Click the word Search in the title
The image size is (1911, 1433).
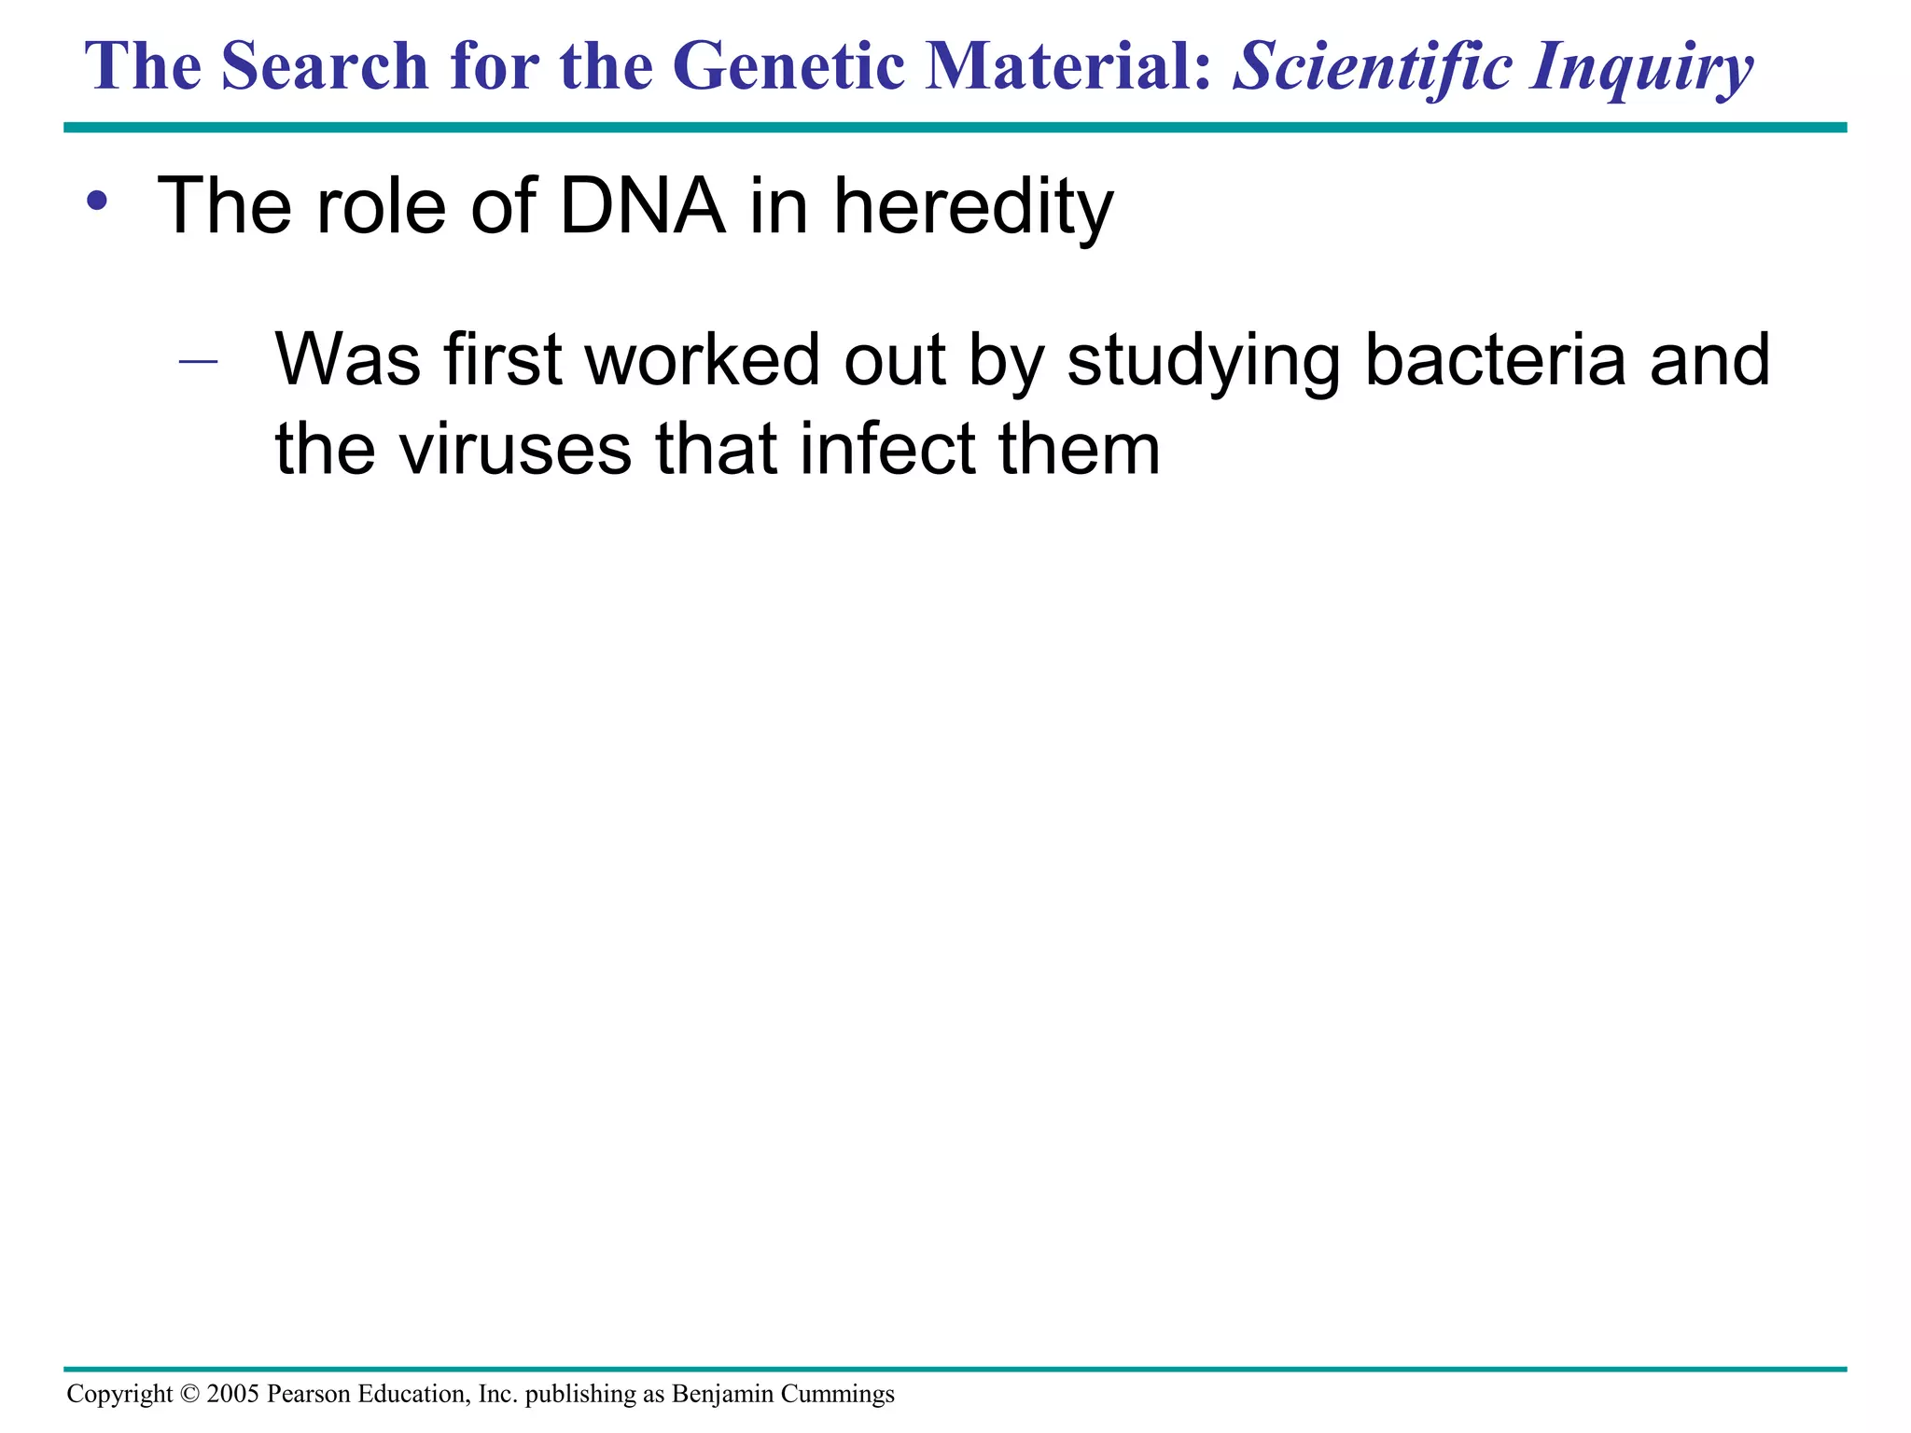[x=325, y=67]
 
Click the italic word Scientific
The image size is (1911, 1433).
[x=1372, y=67]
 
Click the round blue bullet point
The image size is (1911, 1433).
[x=96, y=200]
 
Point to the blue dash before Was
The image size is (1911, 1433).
[x=198, y=361]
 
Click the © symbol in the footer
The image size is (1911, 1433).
[x=189, y=1394]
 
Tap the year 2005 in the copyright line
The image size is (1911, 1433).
[x=233, y=1394]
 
